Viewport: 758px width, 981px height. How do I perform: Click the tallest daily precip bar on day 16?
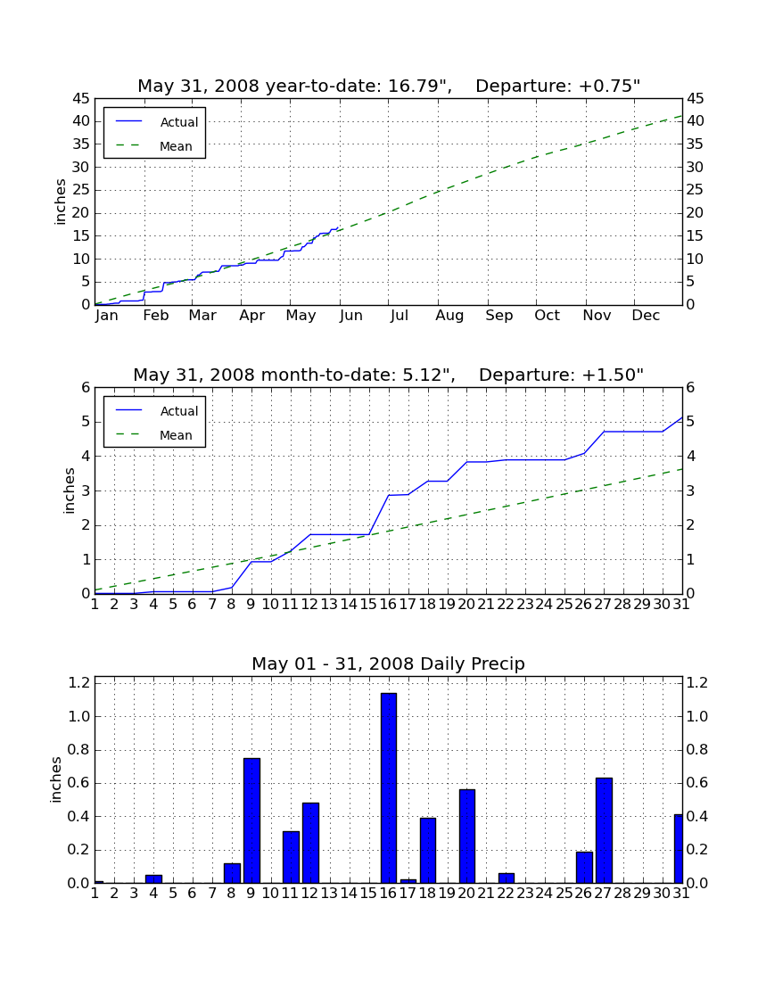pos(389,788)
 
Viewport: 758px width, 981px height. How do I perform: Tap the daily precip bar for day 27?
pos(604,831)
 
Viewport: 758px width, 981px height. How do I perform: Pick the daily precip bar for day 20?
pos(467,837)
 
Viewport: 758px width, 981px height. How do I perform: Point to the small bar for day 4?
pos(154,879)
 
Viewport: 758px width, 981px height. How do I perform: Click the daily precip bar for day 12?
pos(310,844)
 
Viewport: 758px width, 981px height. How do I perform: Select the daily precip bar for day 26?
pos(584,868)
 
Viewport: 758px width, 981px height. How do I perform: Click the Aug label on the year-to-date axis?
pos(449,316)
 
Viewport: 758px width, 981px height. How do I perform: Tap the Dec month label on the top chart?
pos(646,316)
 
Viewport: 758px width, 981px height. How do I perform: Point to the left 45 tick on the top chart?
pos(82,98)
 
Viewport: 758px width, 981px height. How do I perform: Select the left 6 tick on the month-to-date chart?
pos(86,387)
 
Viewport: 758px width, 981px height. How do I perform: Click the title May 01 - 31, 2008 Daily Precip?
pos(389,664)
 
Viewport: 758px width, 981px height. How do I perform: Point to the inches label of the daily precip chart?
pos(55,780)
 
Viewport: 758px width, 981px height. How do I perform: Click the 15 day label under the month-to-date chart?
pos(368,605)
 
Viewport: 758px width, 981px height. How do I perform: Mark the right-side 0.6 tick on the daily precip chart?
pos(697,783)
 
